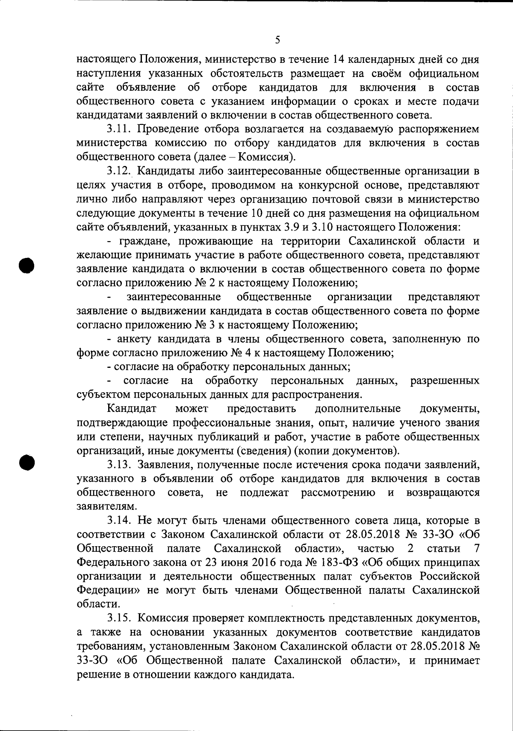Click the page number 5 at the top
click(277, 40)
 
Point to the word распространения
click(320, 394)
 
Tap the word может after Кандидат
click(192, 408)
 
